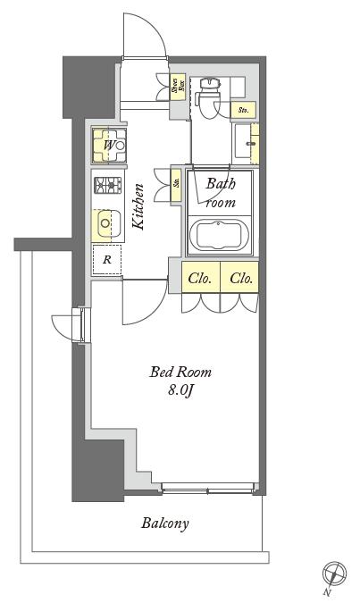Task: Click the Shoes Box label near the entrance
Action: (176, 86)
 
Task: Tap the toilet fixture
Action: (209, 94)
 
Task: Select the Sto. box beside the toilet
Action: (242, 110)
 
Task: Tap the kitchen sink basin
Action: (107, 223)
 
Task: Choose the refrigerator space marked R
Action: (107, 260)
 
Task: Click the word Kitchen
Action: (139, 207)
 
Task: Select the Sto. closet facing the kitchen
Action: (177, 183)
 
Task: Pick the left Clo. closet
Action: (201, 278)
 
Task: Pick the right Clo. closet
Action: (241, 278)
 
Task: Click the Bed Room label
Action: (180, 372)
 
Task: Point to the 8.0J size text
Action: (180, 390)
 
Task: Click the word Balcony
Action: (164, 523)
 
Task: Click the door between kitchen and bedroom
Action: (143, 301)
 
